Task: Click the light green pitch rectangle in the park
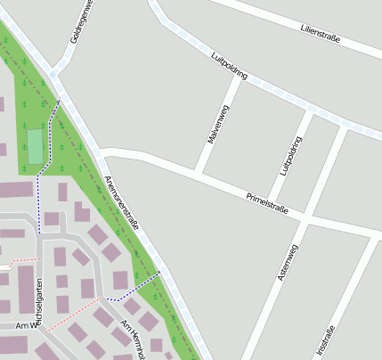click(35, 147)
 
